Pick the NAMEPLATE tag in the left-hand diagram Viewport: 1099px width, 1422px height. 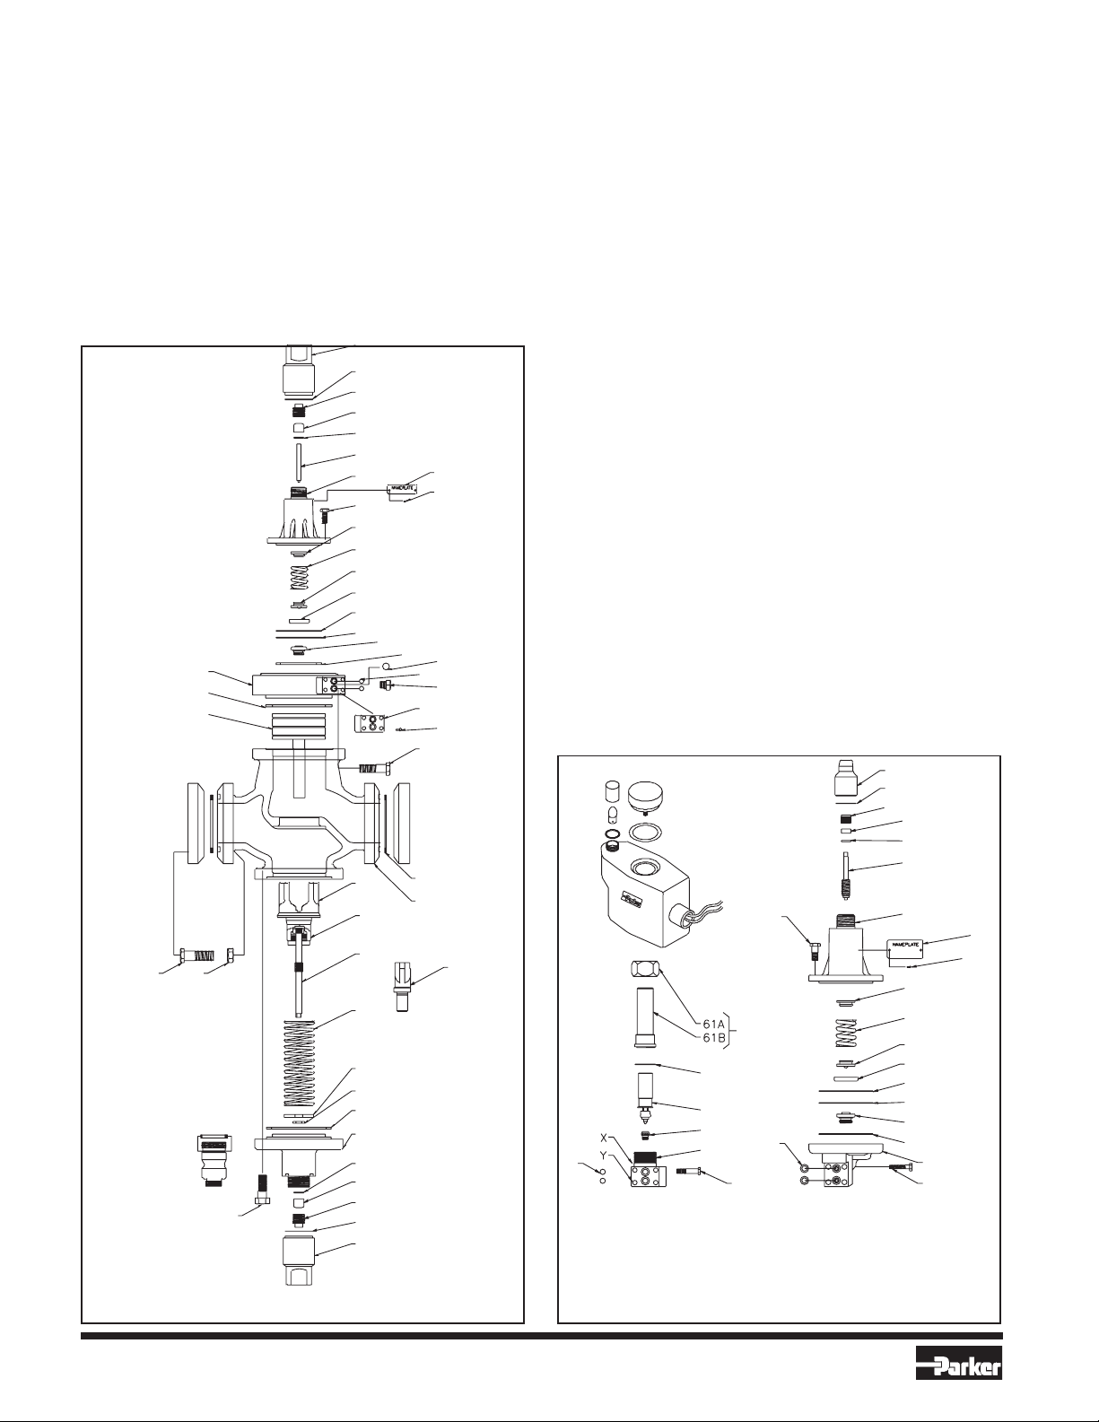[x=401, y=489]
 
